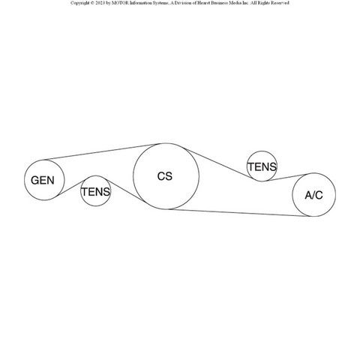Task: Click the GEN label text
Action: click(43, 180)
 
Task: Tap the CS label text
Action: click(165, 176)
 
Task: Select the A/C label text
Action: click(313, 195)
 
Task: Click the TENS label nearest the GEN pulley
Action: click(96, 192)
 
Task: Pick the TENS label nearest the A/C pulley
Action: click(262, 166)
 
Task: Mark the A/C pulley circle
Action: click(336, 195)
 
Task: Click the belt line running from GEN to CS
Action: click(100, 152)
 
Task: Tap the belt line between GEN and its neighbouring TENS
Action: click(70, 187)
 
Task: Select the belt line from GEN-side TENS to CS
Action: click(125, 190)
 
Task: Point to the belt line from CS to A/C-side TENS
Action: click(220, 164)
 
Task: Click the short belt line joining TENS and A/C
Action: click(287, 177)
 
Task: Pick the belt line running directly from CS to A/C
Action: click(238, 213)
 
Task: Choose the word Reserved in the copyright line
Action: click(280, 3)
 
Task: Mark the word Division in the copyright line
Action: click(183, 3)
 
